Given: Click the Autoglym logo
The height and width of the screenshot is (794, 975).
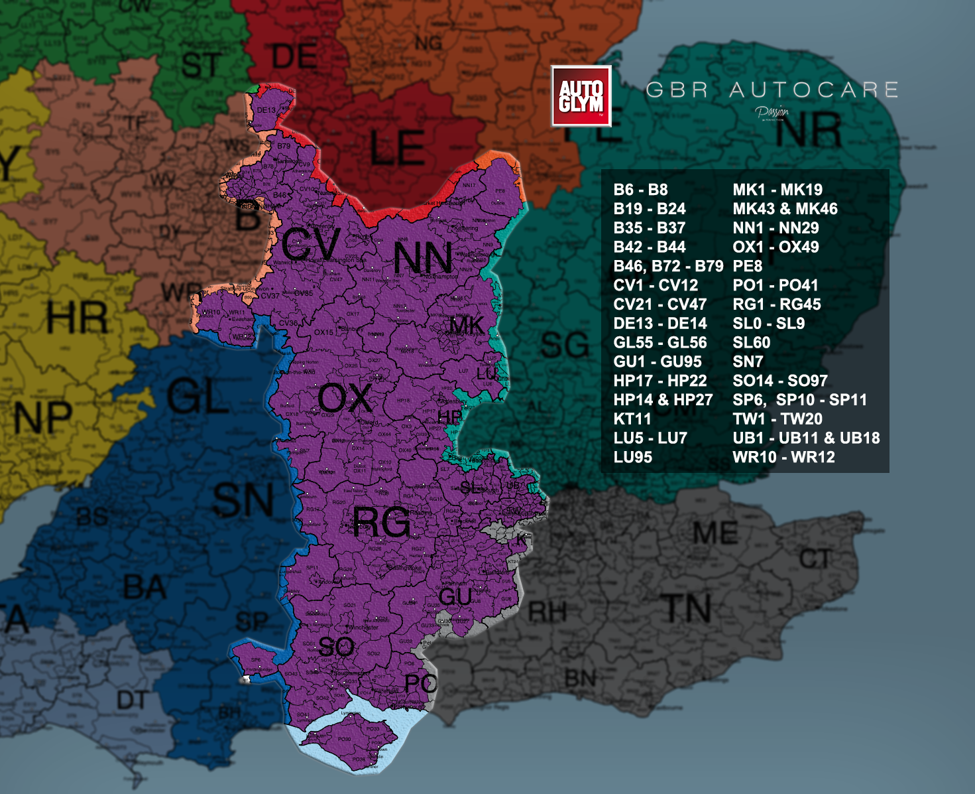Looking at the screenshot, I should [581, 96].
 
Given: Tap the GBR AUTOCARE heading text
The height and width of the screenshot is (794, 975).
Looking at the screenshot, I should [772, 90].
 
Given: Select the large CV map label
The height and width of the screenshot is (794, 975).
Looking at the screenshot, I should [310, 244].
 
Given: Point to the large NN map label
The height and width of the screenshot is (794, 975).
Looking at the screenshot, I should [423, 258].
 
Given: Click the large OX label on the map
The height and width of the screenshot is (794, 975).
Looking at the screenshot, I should [345, 399].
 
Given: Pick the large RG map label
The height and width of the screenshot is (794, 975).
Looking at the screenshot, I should [381, 522].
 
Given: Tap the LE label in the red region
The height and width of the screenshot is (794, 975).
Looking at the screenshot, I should [397, 147].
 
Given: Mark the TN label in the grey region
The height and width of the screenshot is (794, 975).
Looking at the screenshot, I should [687, 608].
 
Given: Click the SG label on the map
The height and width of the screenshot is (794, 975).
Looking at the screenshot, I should [565, 345].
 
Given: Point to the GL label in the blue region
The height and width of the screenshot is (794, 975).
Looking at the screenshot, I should [198, 397].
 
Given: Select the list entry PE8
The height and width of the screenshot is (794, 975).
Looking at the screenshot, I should [748, 266].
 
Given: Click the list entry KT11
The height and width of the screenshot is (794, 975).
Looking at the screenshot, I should [632, 419].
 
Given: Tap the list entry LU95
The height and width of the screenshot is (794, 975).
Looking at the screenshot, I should [633, 457].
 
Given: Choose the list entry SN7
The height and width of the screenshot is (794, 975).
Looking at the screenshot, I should [748, 362].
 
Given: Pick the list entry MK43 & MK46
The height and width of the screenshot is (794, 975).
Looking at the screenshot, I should [785, 208].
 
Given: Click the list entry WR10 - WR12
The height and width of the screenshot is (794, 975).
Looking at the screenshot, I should [783, 457].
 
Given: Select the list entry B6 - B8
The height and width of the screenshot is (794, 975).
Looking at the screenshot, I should [640, 190].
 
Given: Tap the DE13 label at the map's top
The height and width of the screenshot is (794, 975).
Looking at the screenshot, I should [266, 110].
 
